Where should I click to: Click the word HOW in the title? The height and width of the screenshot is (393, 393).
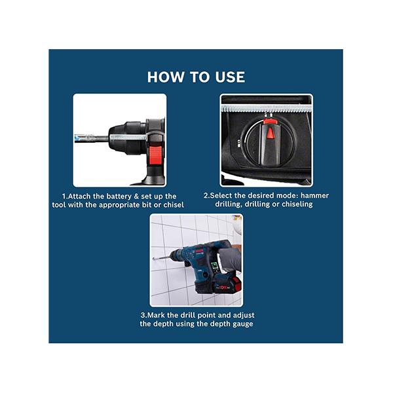166,77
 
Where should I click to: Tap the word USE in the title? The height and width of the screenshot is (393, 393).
230,77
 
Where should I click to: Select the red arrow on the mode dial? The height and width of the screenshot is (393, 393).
270,133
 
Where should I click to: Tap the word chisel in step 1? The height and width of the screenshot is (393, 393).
174,205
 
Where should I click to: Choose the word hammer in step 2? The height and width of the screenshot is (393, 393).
314,195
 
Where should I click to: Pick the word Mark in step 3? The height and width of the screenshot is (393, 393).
155,315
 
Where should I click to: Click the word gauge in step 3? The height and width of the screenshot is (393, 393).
242,324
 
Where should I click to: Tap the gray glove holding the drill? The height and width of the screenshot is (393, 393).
230,260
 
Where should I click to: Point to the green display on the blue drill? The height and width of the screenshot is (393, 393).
215,267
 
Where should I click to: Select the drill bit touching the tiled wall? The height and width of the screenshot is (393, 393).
161,258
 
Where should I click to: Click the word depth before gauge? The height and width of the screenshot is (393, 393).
220,324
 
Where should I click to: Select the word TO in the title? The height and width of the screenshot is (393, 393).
199,77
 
